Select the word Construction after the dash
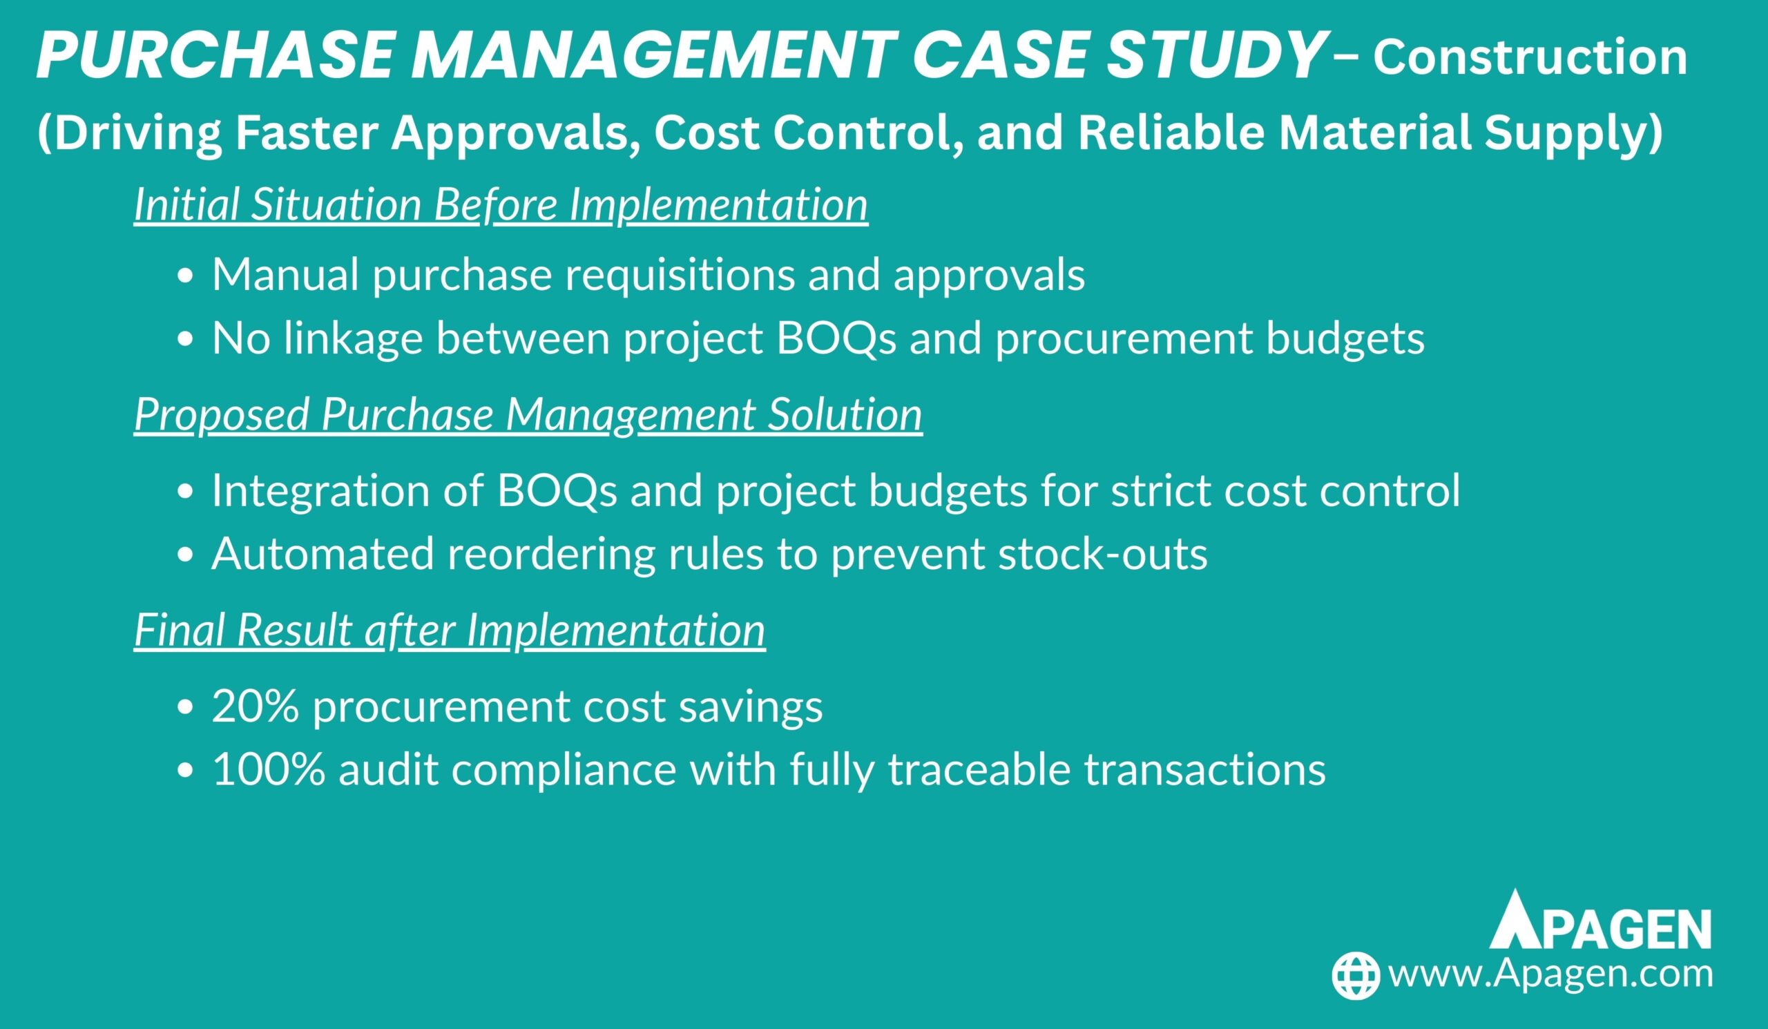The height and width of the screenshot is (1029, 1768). pyautogui.click(x=1530, y=57)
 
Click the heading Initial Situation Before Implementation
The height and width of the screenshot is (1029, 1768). pyautogui.click(x=501, y=205)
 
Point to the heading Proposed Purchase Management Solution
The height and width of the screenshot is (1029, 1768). pyautogui.click(x=528, y=414)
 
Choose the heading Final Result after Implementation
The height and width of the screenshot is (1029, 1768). pyautogui.click(x=450, y=630)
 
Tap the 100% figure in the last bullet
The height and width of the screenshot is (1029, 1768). pyautogui.click(x=269, y=769)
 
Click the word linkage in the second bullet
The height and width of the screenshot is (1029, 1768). pyautogui.click(x=354, y=338)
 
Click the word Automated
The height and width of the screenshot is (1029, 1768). pyautogui.click(x=323, y=554)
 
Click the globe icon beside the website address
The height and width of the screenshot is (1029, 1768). pyautogui.click(x=1356, y=976)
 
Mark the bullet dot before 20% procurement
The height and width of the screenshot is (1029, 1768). pyautogui.click(x=185, y=709)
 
